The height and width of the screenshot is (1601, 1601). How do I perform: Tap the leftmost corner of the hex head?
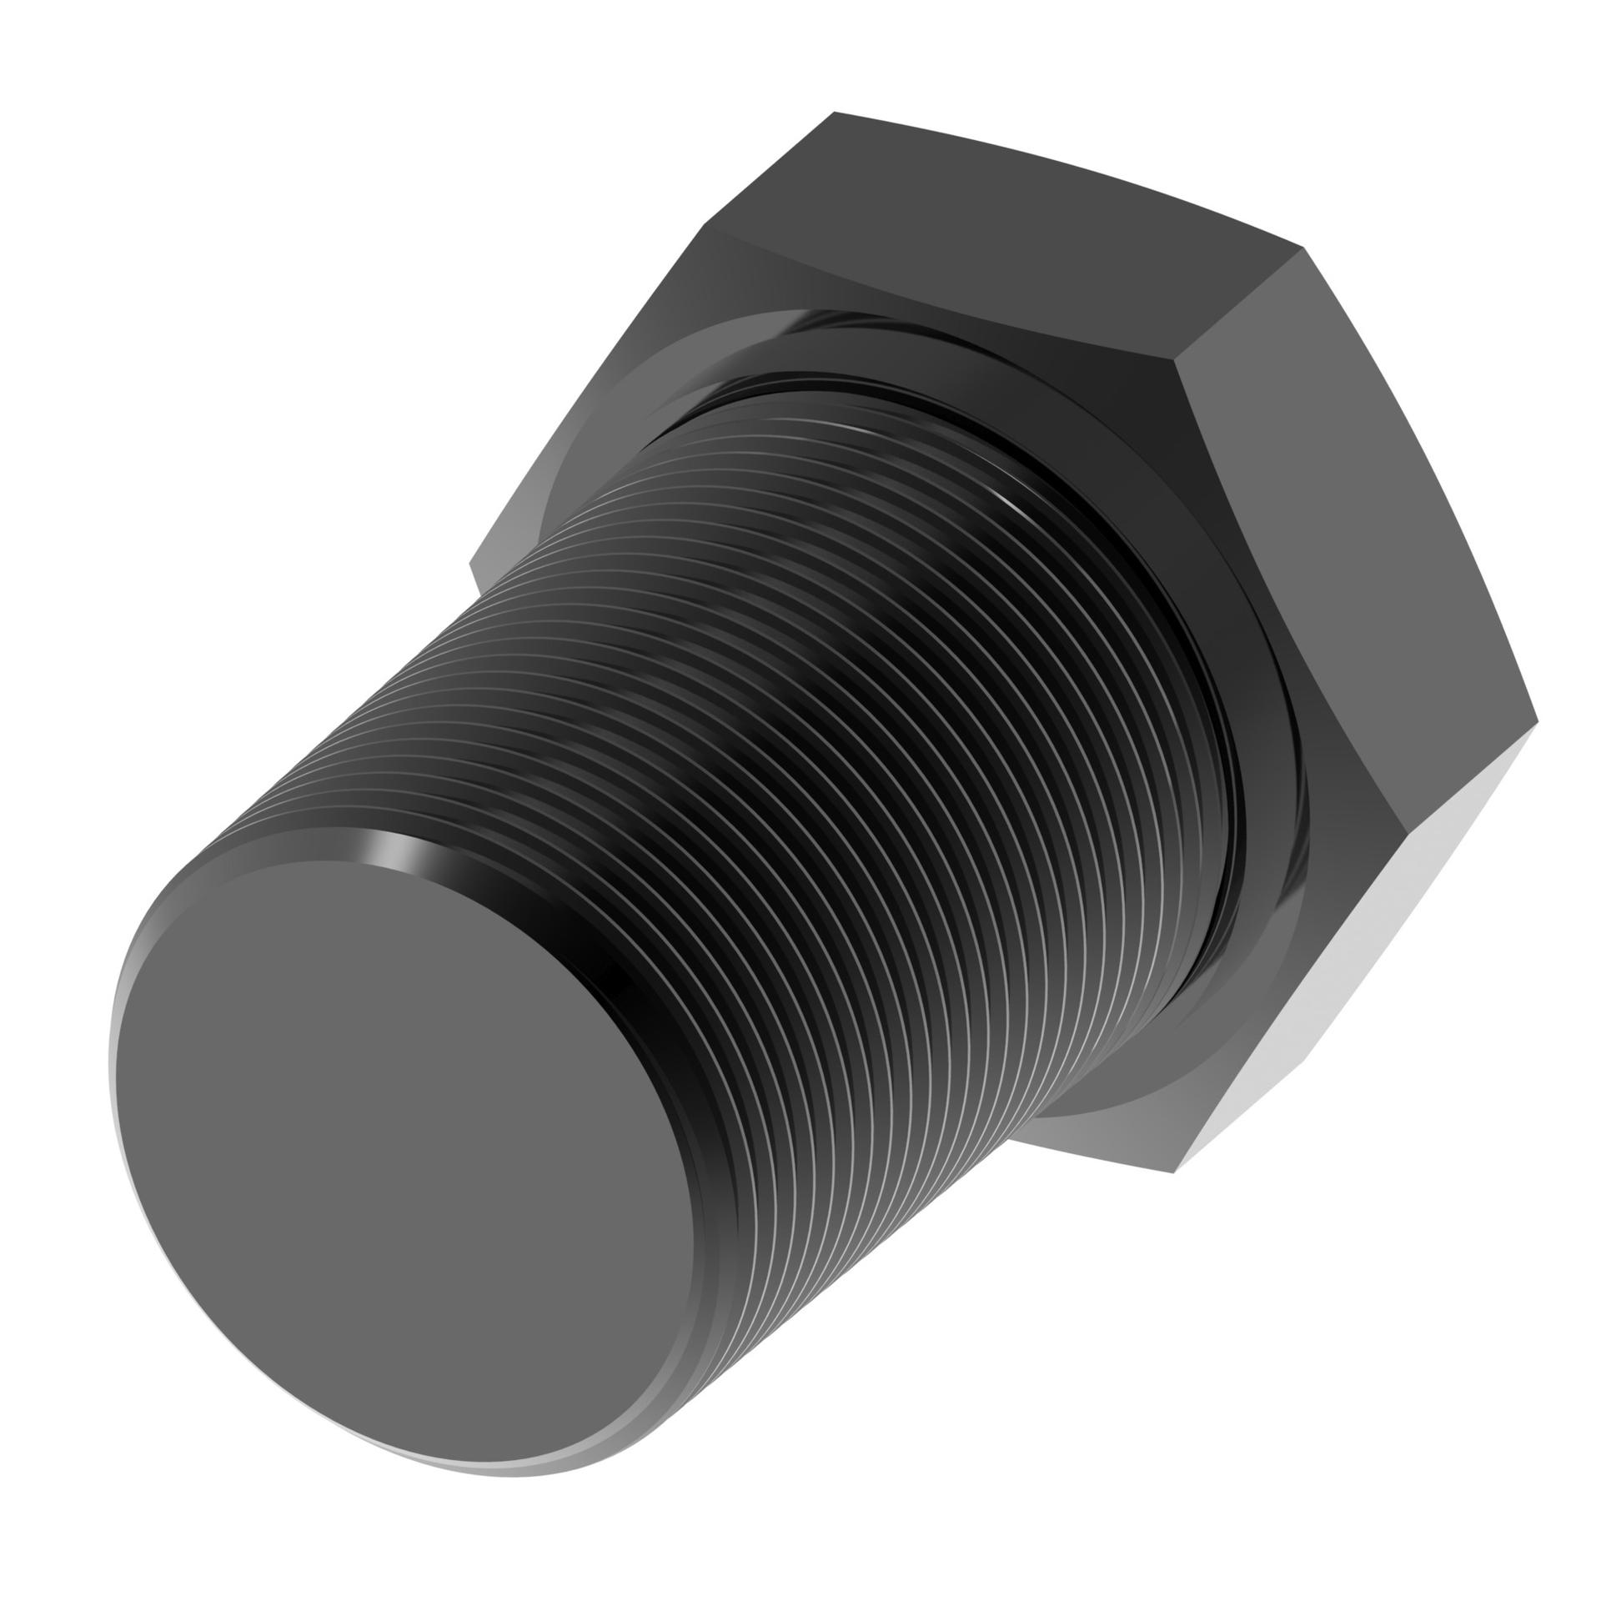point(472,567)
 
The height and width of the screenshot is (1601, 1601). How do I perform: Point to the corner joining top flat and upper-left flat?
point(709,225)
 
